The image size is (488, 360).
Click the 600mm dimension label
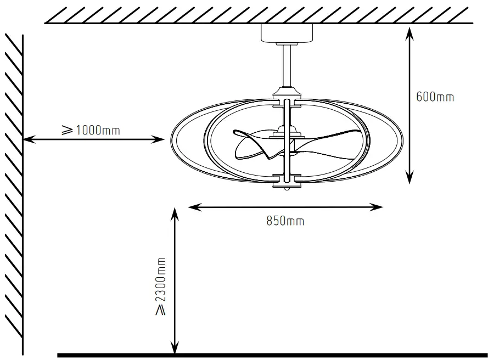point(435,97)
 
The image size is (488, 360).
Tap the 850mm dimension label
point(285,221)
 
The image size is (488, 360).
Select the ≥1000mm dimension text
point(90,130)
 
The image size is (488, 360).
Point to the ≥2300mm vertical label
point(161,286)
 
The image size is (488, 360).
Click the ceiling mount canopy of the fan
point(286,33)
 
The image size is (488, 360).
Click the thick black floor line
point(274,355)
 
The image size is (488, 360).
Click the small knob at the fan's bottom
point(287,188)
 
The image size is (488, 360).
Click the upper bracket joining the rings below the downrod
point(287,101)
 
